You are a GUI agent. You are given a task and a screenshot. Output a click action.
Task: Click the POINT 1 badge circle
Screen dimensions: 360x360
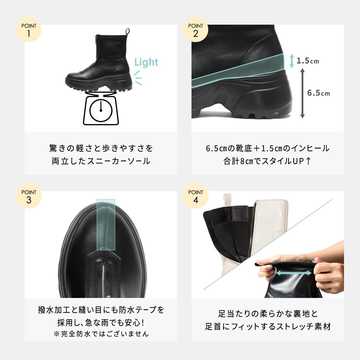(x=29, y=30)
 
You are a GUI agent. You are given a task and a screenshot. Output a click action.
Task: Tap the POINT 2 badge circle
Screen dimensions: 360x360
(x=195, y=30)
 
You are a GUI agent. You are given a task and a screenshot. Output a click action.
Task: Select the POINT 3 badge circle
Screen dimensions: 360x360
(x=29, y=196)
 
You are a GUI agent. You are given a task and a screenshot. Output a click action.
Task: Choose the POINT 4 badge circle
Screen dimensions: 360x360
(x=195, y=196)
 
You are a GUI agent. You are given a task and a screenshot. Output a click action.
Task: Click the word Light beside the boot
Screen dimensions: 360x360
(x=146, y=62)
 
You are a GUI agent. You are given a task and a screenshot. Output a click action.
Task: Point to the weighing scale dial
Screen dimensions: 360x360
(x=101, y=110)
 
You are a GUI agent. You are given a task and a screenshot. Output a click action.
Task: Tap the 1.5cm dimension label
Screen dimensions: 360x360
(x=308, y=61)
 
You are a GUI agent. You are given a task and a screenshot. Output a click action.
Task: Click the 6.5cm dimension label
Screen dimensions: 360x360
(x=318, y=93)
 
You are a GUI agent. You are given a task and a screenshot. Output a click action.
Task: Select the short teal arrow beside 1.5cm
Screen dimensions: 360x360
(x=292, y=61)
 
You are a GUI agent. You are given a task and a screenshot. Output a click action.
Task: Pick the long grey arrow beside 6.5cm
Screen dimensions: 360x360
(x=302, y=93)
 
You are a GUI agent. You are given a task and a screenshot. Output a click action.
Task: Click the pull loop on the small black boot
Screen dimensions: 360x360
(x=128, y=32)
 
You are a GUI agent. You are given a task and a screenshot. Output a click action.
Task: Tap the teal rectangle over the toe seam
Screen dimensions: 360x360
(x=106, y=225)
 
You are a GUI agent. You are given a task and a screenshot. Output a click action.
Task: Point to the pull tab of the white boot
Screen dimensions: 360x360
(x=227, y=202)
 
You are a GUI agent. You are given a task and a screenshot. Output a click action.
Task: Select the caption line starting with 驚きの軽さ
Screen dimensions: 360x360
(x=101, y=148)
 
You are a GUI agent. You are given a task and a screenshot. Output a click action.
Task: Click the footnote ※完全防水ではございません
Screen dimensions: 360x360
(x=101, y=334)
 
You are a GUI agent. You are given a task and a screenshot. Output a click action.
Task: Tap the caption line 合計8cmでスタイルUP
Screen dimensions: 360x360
(x=267, y=161)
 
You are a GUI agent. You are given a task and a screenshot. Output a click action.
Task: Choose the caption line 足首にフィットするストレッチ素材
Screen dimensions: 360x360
(x=268, y=326)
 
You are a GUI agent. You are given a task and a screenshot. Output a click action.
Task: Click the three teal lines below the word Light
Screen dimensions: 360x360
(x=138, y=78)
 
